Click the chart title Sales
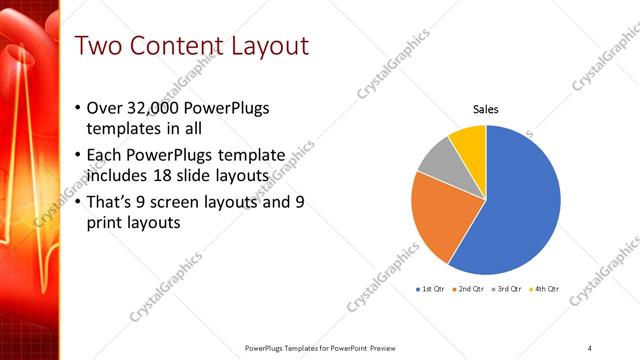point(485,109)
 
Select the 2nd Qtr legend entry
point(471,288)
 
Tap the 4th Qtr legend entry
point(546,288)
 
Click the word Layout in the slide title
point(269,46)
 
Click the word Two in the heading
point(99,46)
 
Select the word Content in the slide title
point(177,46)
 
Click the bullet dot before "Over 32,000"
point(79,109)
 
